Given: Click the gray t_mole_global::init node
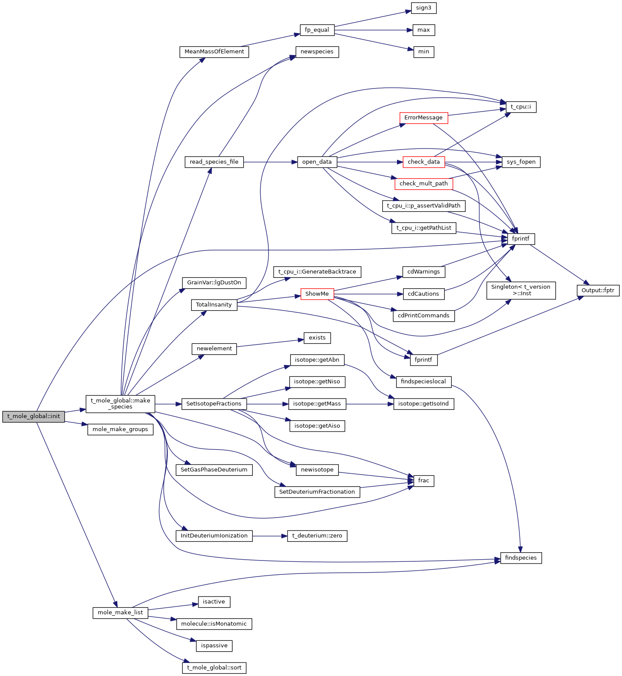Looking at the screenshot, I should pos(33,416).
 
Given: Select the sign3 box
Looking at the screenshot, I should pos(423,8).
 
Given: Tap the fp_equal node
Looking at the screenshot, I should pos(317,30).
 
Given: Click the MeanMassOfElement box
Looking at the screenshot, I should pos(214,52).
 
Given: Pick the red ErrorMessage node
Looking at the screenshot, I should pos(423,118).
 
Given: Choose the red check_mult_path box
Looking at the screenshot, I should pos(423,184).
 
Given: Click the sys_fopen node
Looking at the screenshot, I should pos(521,162).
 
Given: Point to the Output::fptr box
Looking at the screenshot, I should pos(598,290).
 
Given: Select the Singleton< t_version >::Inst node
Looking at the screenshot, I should pos(521,290).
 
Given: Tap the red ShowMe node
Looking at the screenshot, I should pos(317,294).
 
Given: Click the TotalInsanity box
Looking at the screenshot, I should pos(214,305).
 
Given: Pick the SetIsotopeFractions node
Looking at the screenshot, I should pos(214,404).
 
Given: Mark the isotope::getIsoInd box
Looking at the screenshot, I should pos(423,404).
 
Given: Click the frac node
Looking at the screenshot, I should pos(423,481).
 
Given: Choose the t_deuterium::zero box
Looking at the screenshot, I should pos(317,536).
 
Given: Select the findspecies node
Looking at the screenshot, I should pos(521,558).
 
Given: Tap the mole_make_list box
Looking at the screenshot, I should pos(120,613).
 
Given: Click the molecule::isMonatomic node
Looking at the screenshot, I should pos(214,624).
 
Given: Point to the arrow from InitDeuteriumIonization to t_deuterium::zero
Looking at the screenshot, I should pos(269,536).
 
